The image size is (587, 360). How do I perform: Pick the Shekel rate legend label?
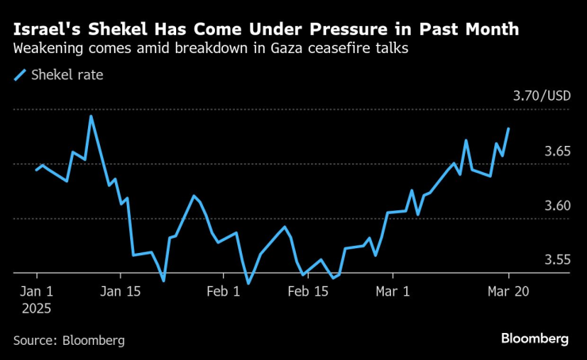(x=67, y=76)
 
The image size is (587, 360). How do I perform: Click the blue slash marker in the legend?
(x=19, y=76)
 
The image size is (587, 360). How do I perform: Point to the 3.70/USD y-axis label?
(x=542, y=96)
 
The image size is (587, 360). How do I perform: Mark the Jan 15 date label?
(x=123, y=291)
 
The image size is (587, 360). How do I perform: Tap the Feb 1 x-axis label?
(x=224, y=291)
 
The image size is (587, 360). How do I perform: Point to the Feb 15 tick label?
(x=308, y=291)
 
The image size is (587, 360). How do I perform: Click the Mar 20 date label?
(x=508, y=291)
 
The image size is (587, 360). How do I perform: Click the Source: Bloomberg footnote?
(x=69, y=340)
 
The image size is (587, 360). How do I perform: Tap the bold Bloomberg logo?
(x=535, y=339)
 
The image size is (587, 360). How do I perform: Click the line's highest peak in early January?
(x=90, y=117)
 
